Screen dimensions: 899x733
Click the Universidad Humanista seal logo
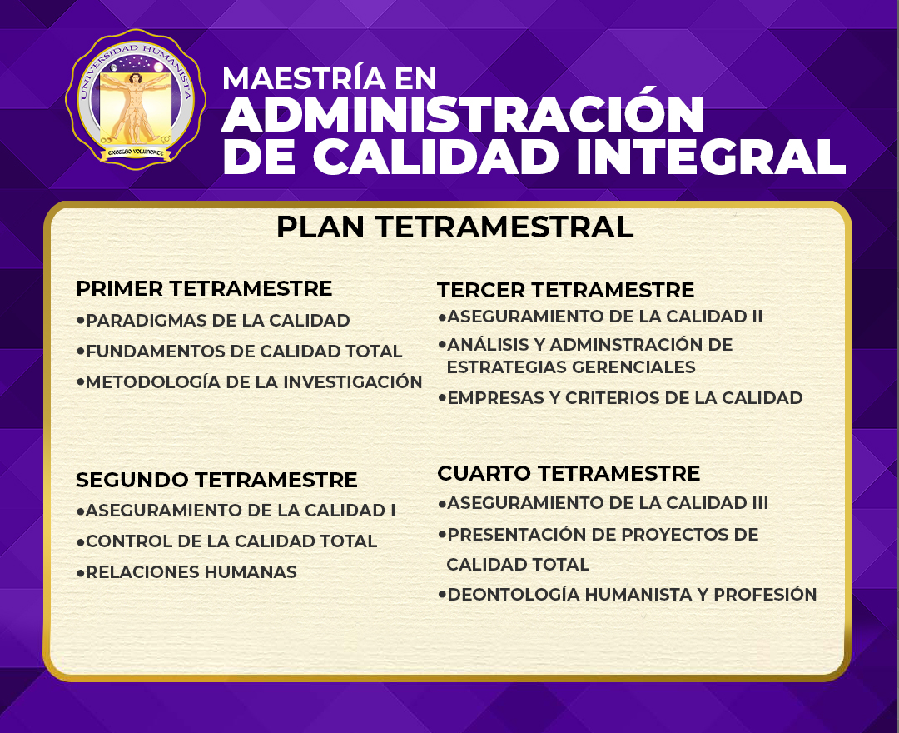136,99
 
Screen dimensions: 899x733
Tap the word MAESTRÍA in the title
304,78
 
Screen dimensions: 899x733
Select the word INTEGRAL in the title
711,156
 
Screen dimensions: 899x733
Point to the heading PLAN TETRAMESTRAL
455,227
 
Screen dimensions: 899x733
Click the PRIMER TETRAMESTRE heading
204,288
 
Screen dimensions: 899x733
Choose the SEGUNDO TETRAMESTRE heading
216,480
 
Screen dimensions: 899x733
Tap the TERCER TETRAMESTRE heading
566,290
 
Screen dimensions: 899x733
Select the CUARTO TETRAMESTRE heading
569,473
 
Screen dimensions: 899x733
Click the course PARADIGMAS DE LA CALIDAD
218,320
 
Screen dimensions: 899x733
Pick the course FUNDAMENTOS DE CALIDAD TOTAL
244,351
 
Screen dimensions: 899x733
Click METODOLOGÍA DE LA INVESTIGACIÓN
254,381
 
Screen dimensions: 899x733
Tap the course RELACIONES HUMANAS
191,572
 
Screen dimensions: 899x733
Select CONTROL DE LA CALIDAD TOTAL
231,541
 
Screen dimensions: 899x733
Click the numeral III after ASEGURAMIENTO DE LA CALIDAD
760,503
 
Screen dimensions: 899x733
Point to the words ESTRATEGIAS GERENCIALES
571,367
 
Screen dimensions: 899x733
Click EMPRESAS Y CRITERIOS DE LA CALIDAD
625,397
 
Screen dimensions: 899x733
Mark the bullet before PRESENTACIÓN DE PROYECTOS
442,535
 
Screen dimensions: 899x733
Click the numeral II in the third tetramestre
757,316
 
